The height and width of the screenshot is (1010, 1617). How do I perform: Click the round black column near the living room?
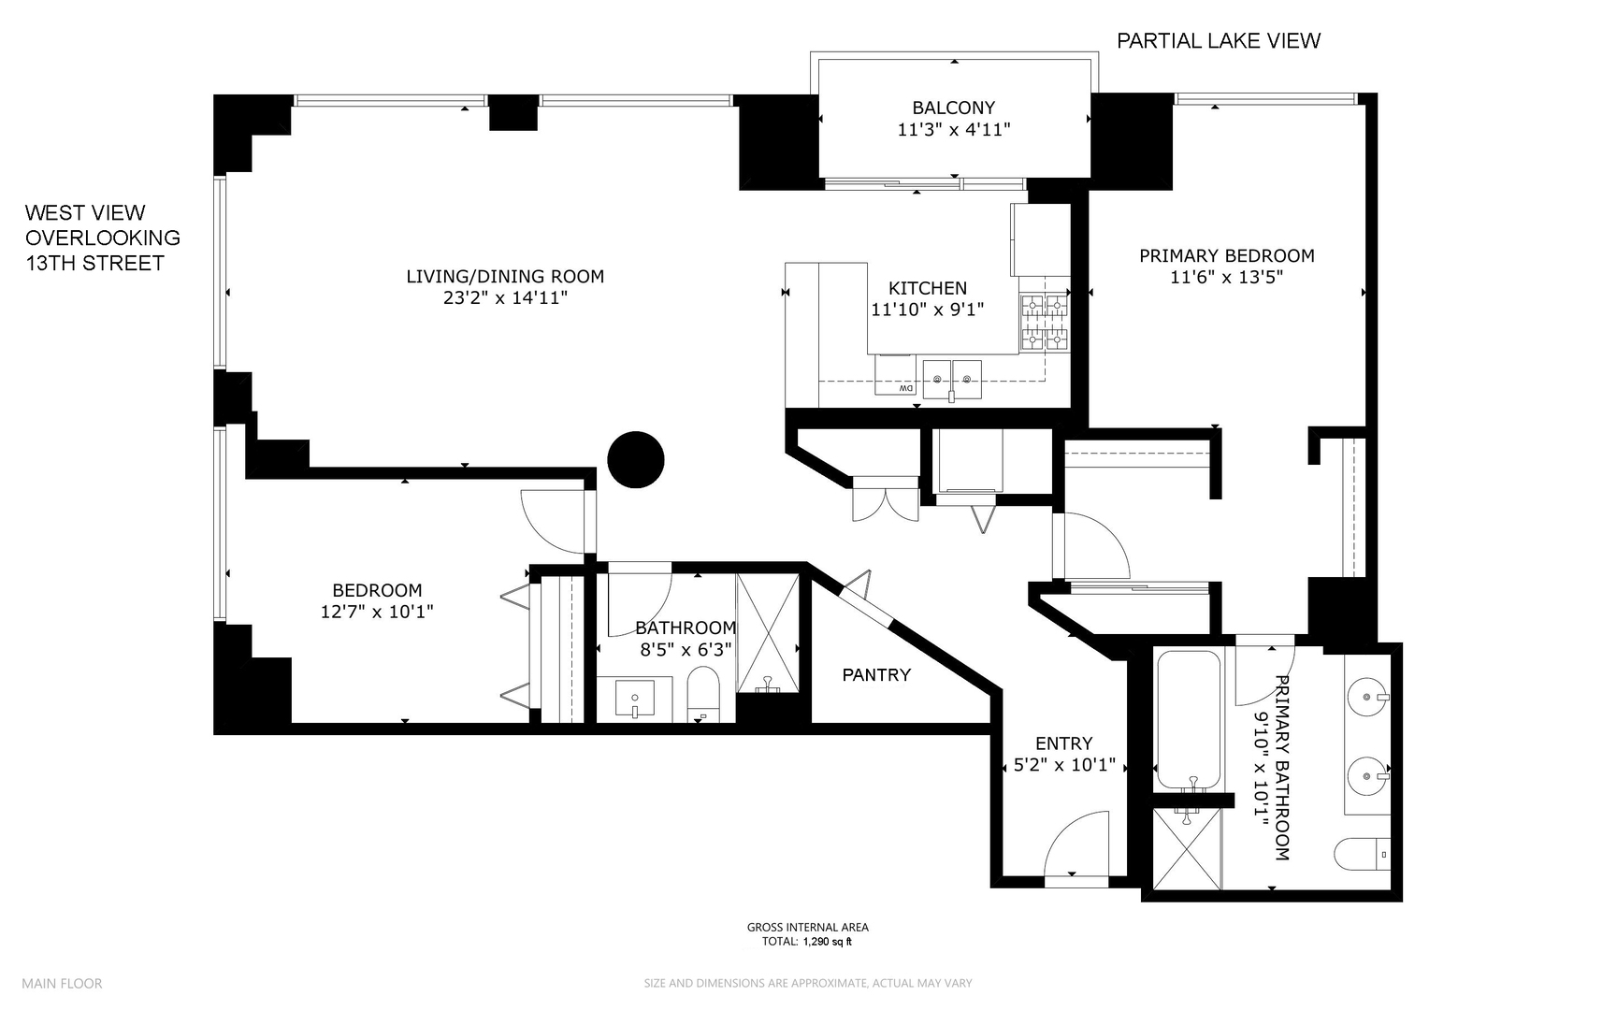coord(635,460)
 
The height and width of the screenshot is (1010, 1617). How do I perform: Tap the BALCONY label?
coord(953,108)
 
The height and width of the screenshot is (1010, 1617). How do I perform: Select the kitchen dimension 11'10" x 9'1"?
coord(928,310)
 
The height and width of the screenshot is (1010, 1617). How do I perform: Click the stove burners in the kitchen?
coord(1044,322)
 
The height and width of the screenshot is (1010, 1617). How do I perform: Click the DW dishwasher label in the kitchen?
coord(905,387)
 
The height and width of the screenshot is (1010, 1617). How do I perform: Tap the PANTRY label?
coord(875,674)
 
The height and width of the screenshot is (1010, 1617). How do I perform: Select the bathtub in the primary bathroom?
coord(1188,720)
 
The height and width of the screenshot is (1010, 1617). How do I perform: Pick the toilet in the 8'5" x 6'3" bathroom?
coord(702,693)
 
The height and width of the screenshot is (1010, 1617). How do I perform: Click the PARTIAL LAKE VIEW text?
coord(1219,40)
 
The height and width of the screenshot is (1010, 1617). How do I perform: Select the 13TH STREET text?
coord(94,264)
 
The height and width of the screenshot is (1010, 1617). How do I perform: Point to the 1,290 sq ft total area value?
coord(827,942)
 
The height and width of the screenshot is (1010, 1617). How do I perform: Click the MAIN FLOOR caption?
coord(62,983)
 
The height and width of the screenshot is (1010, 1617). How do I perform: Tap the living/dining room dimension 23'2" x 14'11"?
coord(505,298)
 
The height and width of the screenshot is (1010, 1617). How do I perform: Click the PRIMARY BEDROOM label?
coord(1226,255)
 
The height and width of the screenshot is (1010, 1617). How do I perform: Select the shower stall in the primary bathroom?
coord(1186,849)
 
